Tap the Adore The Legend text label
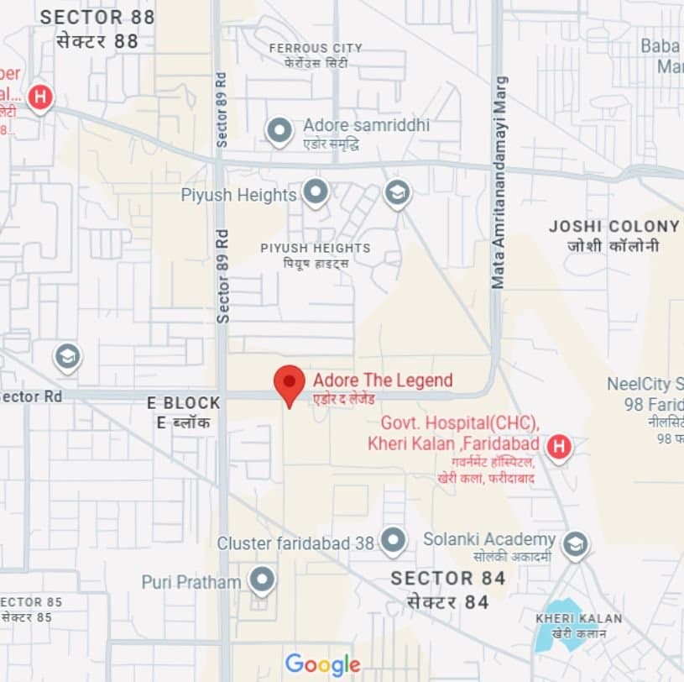[x=382, y=380]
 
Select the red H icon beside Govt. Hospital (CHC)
[x=559, y=447]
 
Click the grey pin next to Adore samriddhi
[x=279, y=131]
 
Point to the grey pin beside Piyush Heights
[x=315, y=192]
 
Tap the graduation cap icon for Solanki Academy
[x=575, y=544]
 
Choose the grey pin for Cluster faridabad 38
[x=393, y=540]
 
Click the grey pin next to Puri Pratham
[x=263, y=579]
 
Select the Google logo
[x=322, y=664]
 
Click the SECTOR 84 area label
[x=448, y=578]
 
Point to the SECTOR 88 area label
[x=97, y=17]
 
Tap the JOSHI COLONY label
[x=614, y=226]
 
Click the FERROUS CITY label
[x=316, y=48]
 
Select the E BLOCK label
[x=183, y=402]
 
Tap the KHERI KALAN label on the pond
[x=579, y=619]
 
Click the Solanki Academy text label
[x=489, y=539]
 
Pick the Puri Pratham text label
[x=191, y=581]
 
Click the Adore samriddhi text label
[x=366, y=125]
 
